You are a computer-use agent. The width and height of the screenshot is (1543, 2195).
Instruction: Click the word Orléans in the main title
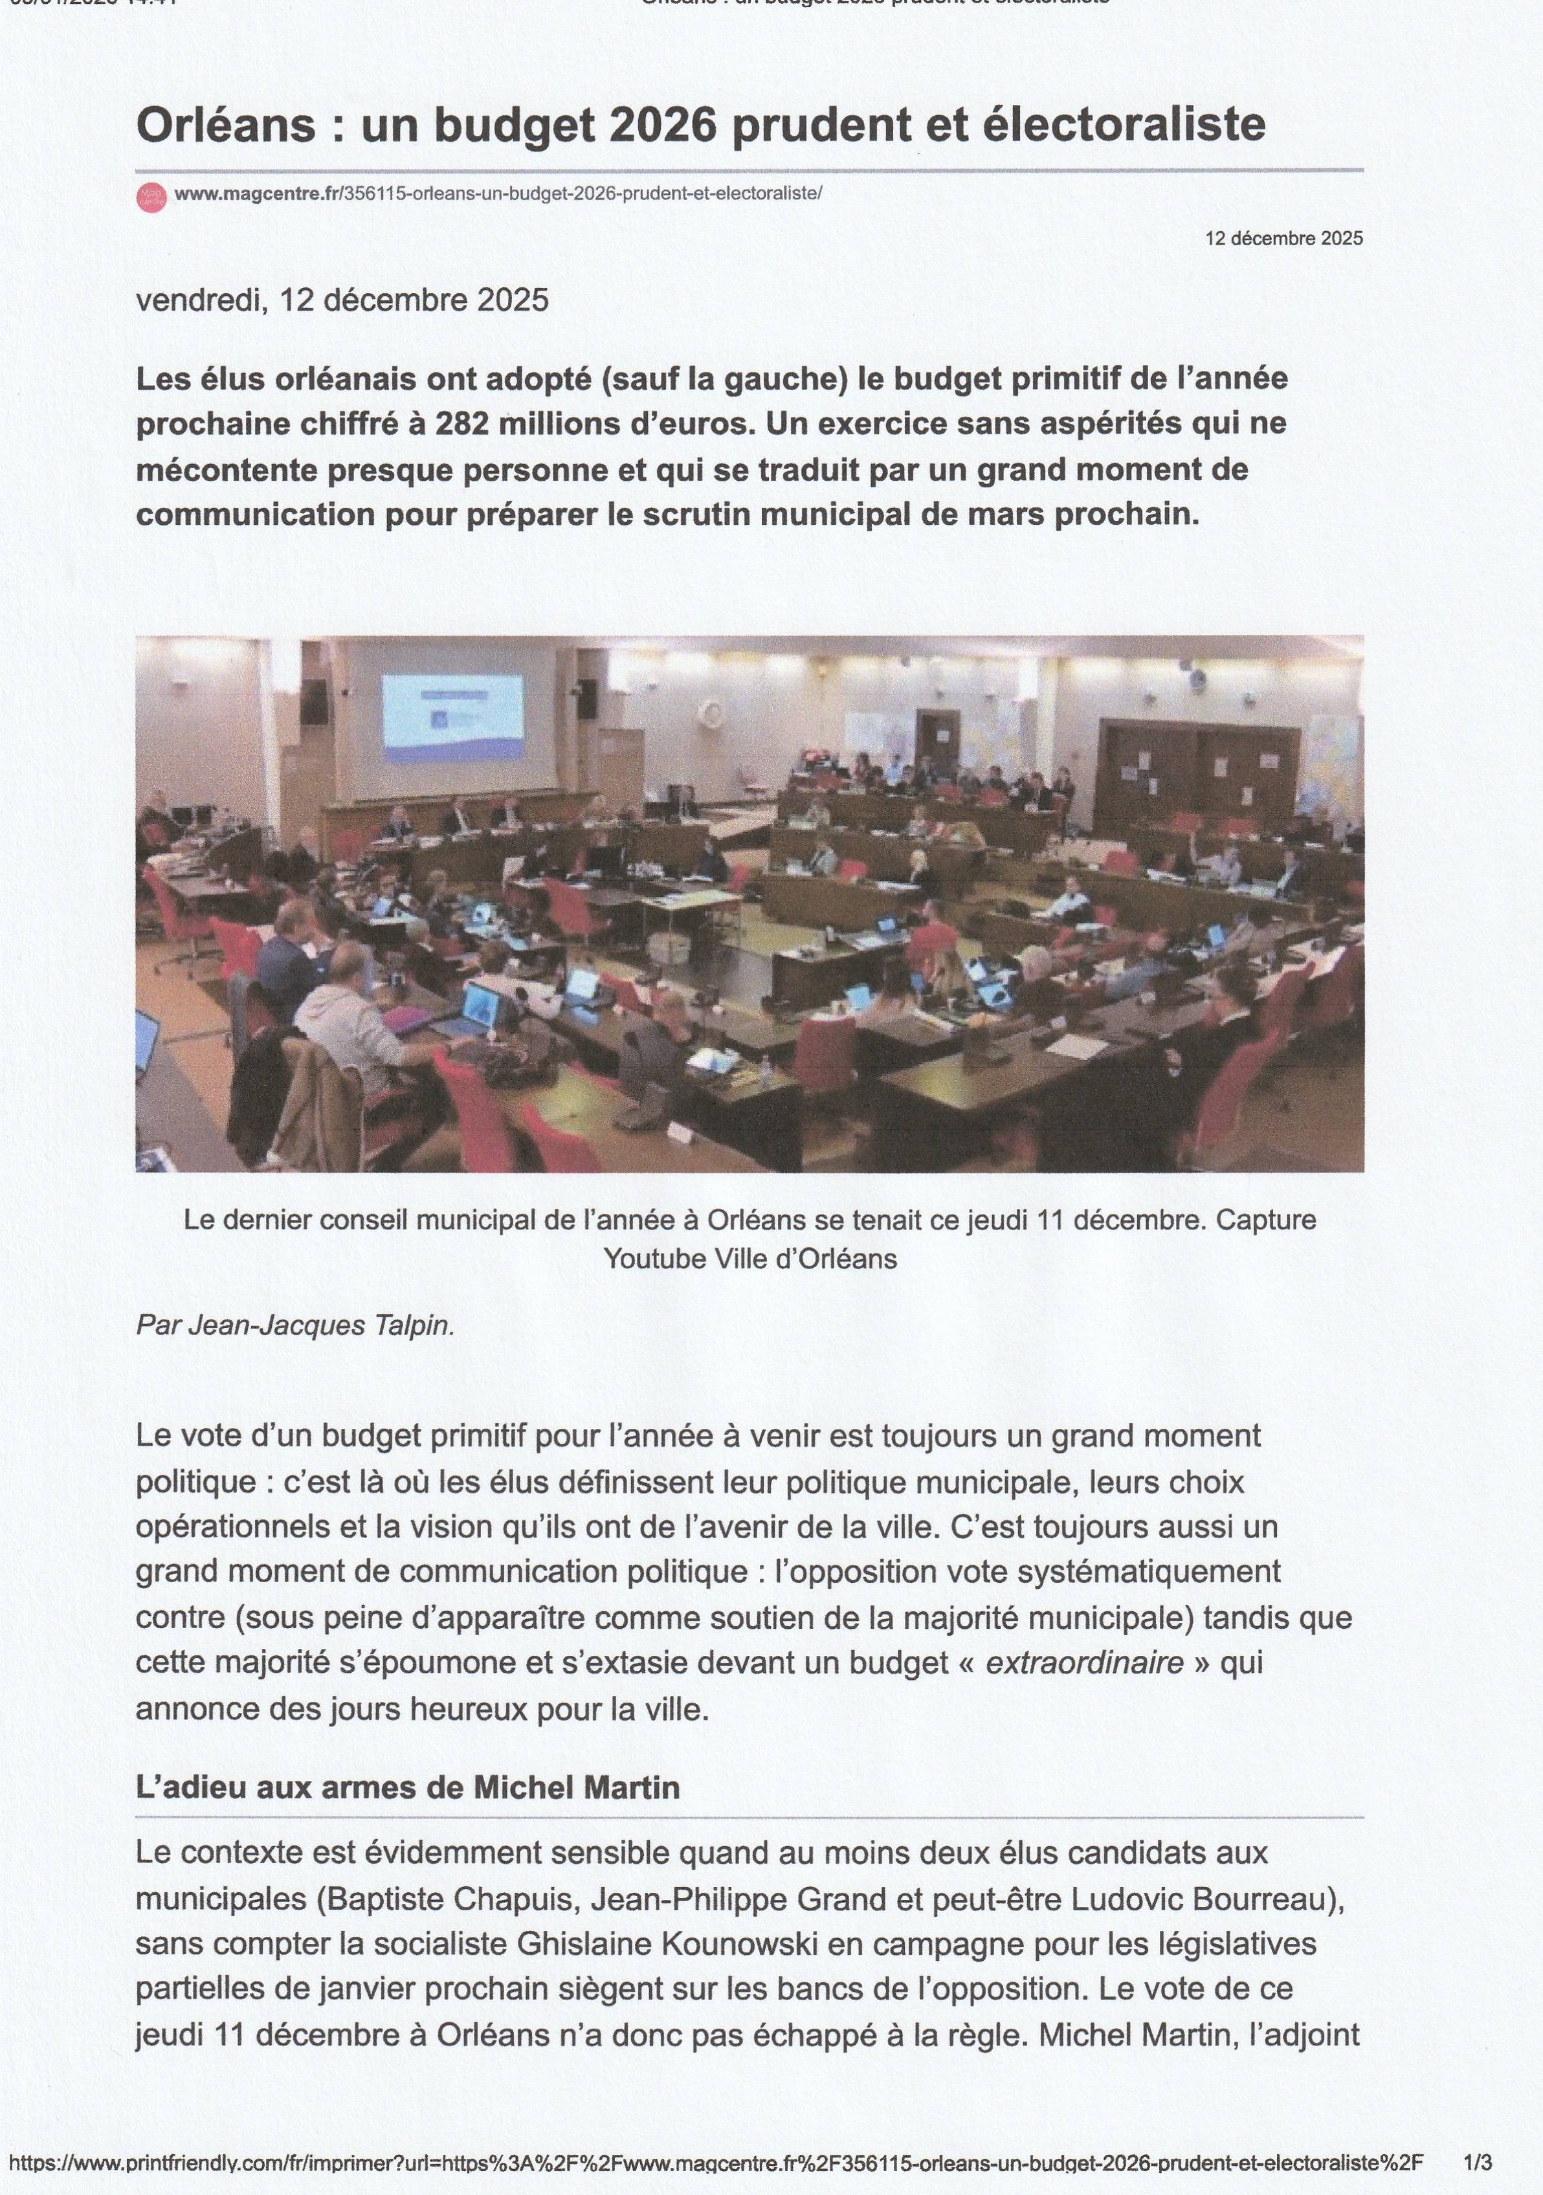click(x=225, y=126)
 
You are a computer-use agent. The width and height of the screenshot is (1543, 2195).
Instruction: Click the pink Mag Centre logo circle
click(x=151, y=196)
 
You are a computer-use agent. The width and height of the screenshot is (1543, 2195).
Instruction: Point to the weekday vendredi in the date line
click(x=199, y=300)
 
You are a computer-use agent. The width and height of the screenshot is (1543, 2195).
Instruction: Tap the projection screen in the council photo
click(x=452, y=712)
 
